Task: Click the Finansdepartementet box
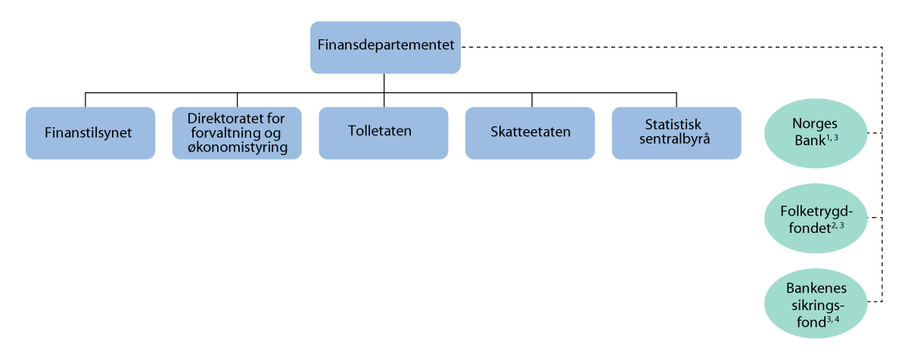tap(385, 47)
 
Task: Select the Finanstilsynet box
tap(90, 132)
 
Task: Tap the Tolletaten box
tap(383, 132)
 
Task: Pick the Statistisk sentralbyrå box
tap(676, 132)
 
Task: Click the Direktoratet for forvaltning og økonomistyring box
tap(237, 132)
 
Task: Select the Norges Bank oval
tap(818, 133)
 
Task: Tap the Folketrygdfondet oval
tap(818, 218)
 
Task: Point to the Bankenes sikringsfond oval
tap(818, 303)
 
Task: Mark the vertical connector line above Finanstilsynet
tap(86, 99)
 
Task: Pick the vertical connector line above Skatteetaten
tap(531, 99)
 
